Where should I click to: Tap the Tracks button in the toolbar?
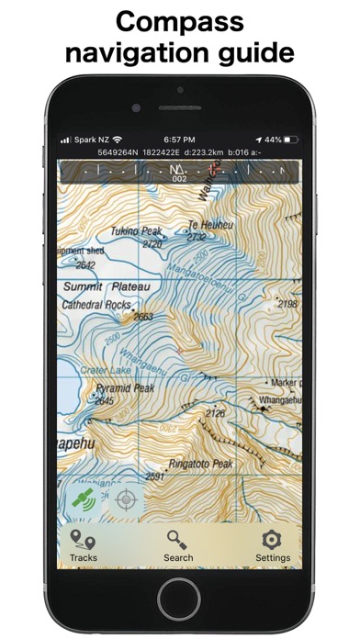[83, 544]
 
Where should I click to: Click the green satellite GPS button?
[83, 499]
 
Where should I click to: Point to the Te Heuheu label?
[206, 224]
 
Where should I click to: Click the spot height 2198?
[287, 304]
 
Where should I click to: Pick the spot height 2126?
[215, 414]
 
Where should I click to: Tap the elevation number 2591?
[154, 476]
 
